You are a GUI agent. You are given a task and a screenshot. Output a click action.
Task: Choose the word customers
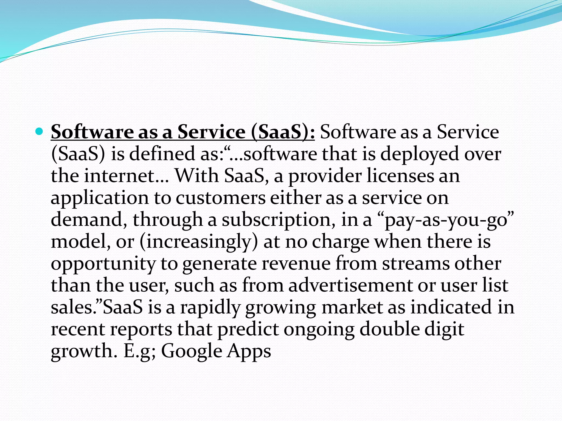coord(220,198)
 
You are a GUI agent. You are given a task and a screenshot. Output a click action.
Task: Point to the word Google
coord(191,351)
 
